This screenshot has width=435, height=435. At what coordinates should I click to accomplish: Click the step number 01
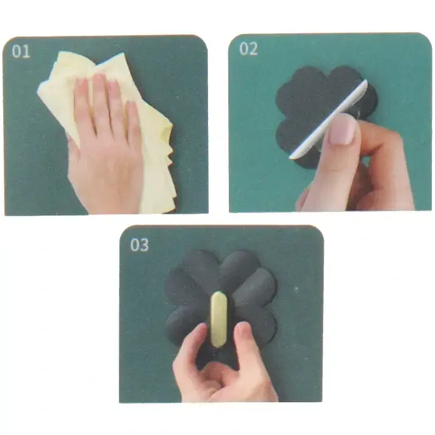tap(21, 51)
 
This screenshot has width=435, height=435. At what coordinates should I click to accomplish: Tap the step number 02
tap(248, 49)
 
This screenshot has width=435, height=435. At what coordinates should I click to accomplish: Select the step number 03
tap(140, 245)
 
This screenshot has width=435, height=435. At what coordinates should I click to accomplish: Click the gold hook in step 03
tap(219, 319)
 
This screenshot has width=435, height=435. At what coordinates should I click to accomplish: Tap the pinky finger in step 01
tap(132, 122)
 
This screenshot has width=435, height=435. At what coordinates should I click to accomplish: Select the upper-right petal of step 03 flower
tap(241, 267)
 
